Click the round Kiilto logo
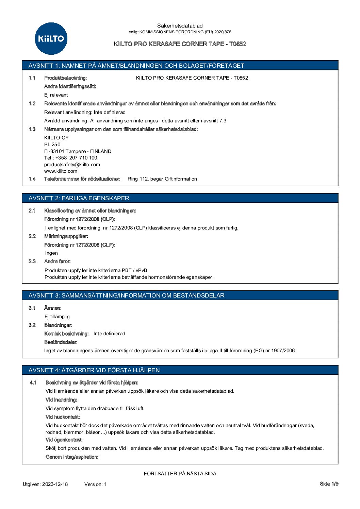click(51, 38)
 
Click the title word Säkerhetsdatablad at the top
click(180, 26)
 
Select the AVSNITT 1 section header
click(136, 66)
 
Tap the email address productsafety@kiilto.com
click(72, 165)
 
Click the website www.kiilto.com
click(61, 171)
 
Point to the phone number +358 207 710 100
click(76, 158)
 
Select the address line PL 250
click(52, 145)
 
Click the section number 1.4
click(32, 179)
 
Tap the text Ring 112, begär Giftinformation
click(162, 179)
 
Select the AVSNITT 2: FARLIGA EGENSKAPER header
click(79, 198)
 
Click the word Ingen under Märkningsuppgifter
click(51, 253)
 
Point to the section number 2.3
click(32, 261)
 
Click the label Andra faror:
click(58, 261)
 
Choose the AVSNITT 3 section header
click(126, 295)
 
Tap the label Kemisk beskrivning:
click(66, 334)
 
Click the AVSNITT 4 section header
click(94, 370)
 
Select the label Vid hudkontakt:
click(63, 417)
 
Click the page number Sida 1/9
click(329, 484)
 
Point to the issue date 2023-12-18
click(55, 484)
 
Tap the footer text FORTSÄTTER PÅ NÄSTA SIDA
click(180, 474)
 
